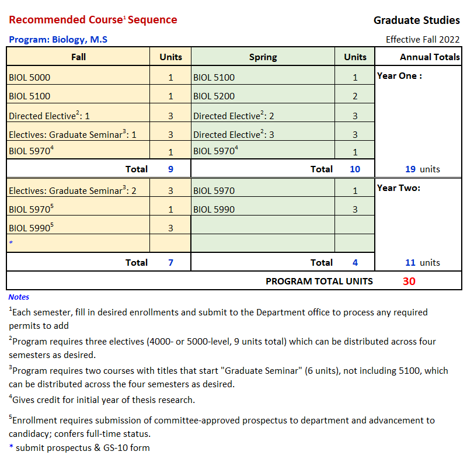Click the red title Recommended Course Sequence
coord(93,20)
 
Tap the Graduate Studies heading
coord(416,20)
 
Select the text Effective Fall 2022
coord(422,40)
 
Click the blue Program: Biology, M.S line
coord(58,40)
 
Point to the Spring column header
coord(263,57)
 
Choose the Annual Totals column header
coord(430,57)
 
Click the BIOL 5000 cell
coord(29,77)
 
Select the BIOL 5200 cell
coord(214,96)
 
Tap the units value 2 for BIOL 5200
coord(355,96)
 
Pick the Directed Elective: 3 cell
coord(233,134)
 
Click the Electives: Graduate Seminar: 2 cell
coord(72,190)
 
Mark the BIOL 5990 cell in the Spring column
coord(214,209)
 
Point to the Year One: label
coord(399,75)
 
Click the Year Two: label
coord(399,187)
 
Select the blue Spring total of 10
coord(354,169)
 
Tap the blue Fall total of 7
coord(170,262)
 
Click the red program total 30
coord(409,281)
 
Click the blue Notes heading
coord(19,297)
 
